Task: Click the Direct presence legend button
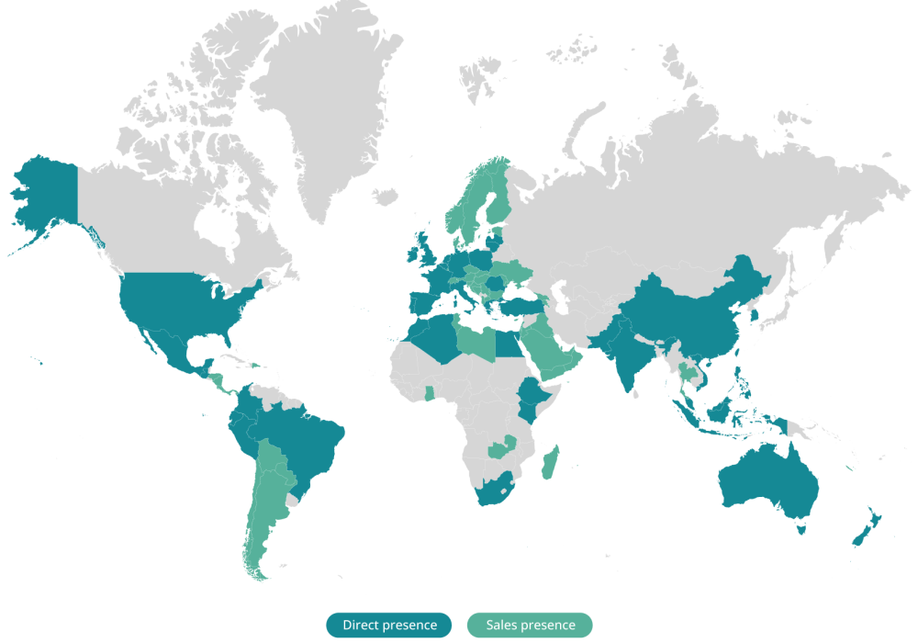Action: [388, 626]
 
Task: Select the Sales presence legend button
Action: [530, 626]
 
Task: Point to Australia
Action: [767, 478]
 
